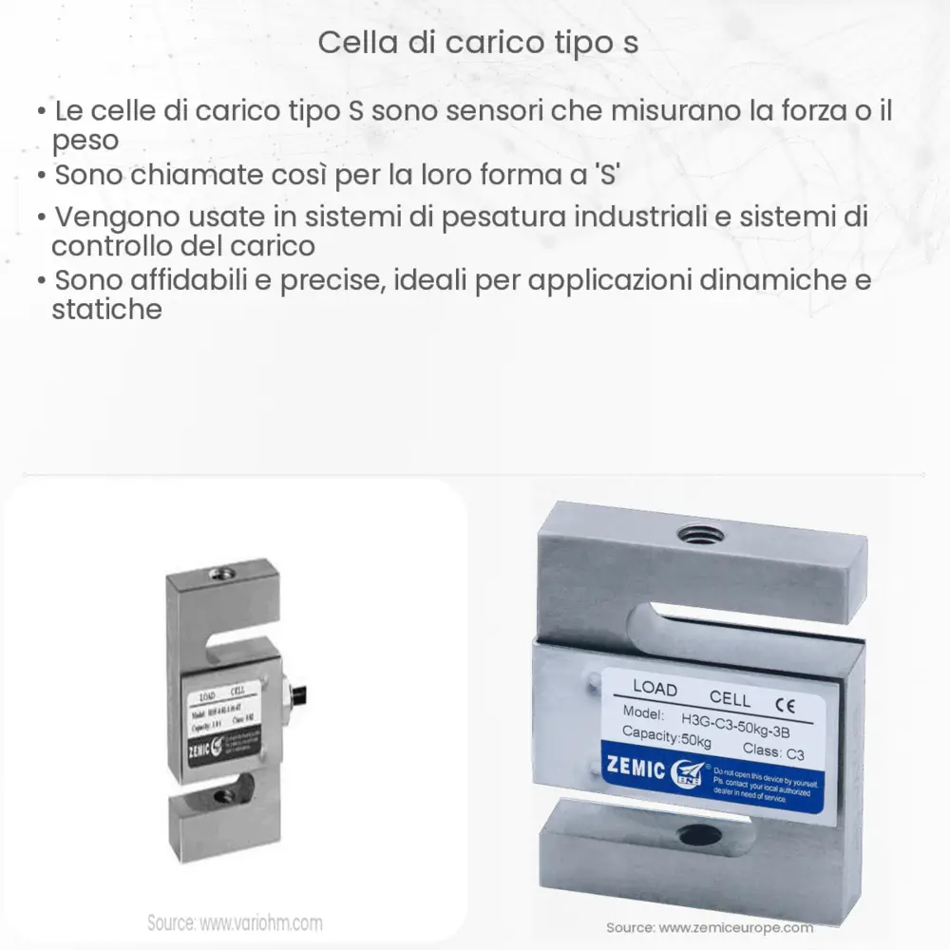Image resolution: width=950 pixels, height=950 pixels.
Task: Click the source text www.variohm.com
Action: (x=235, y=922)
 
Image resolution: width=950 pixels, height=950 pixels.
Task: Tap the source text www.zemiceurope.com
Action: (x=710, y=927)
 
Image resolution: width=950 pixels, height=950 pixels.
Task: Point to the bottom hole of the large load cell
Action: (x=691, y=837)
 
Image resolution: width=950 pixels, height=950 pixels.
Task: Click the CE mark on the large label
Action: (x=785, y=705)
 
